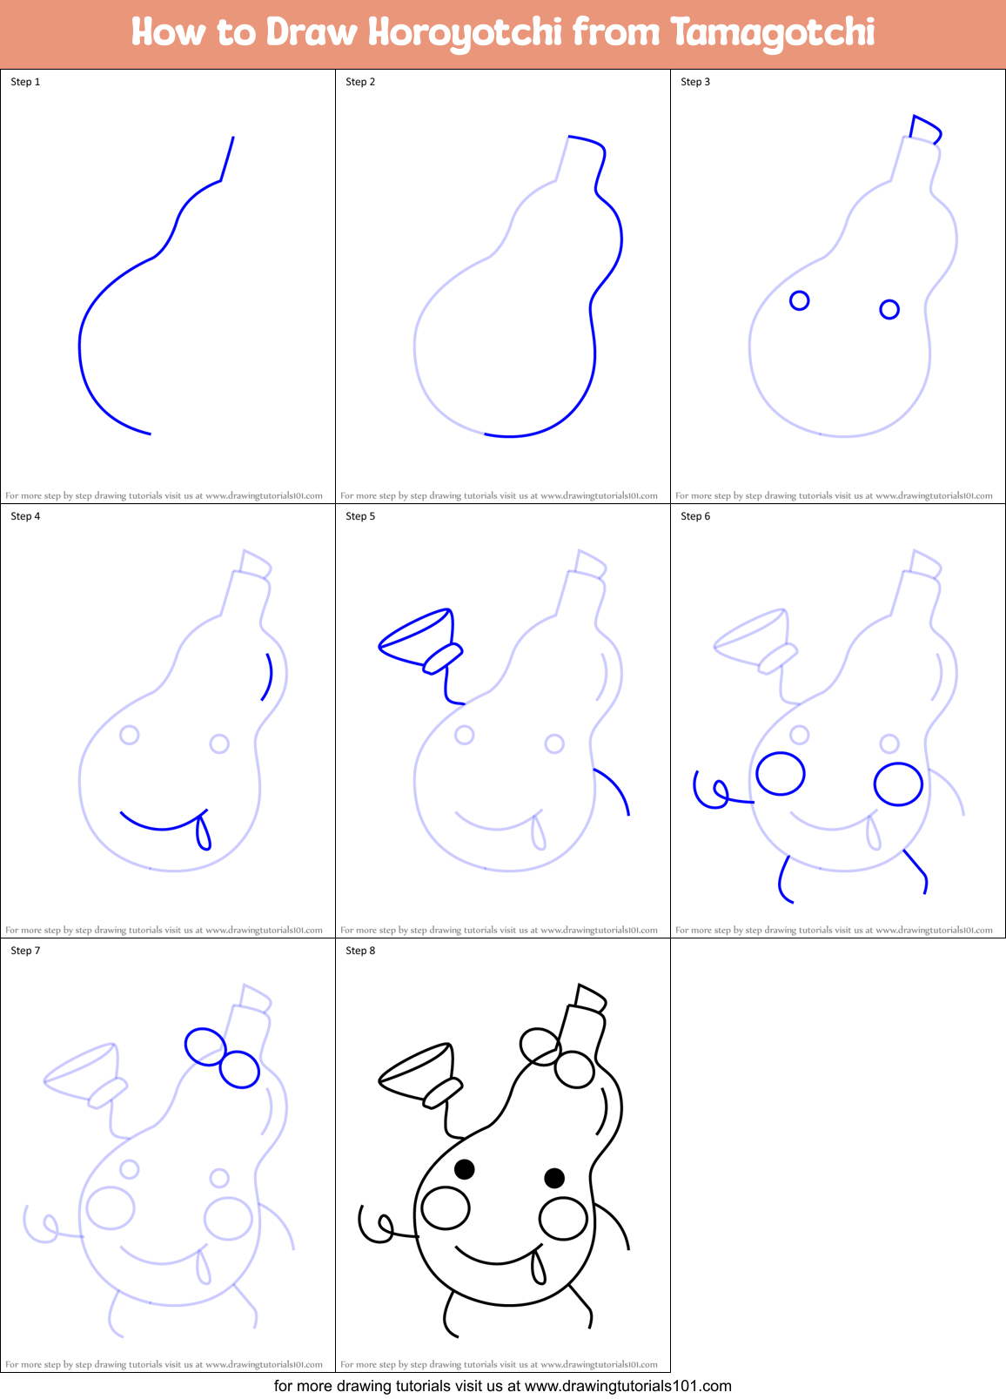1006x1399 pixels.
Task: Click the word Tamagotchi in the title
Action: point(773,33)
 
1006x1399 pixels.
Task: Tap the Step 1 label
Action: point(25,82)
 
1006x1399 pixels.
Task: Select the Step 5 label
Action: point(360,516)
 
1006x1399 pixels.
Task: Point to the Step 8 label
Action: point(360,951)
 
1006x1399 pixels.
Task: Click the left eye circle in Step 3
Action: point(799,300)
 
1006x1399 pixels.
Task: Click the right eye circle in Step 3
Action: point(889,309)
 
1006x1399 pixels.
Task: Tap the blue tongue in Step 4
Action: point(204,831)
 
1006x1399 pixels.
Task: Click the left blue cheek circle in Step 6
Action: point(781,773)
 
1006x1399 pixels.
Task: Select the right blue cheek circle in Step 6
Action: point(898,784)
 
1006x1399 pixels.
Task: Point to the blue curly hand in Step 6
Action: point(714,790)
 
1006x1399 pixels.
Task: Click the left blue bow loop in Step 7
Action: point(205,1046)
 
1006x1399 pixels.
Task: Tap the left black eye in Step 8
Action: point(465,1168)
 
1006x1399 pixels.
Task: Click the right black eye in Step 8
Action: point(554,1178)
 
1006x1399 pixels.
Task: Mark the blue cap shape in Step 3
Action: point(925,130)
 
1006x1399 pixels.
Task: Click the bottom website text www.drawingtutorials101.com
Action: point(627,1386)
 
